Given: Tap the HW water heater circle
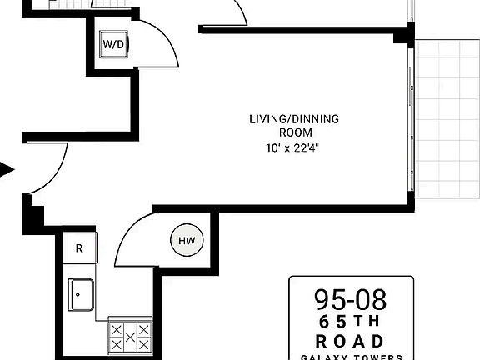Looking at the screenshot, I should click(186, 241).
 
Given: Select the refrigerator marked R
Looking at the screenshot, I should click(79, 248).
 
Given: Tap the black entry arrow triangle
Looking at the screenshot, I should click(7, 171).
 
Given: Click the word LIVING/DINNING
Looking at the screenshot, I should click(294, 119).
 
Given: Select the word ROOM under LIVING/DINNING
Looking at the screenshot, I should click(294, 132).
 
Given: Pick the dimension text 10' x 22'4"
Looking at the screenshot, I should click(294, 148).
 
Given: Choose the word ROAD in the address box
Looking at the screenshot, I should click(351, 341).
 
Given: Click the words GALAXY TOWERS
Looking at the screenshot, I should click(351, 357).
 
